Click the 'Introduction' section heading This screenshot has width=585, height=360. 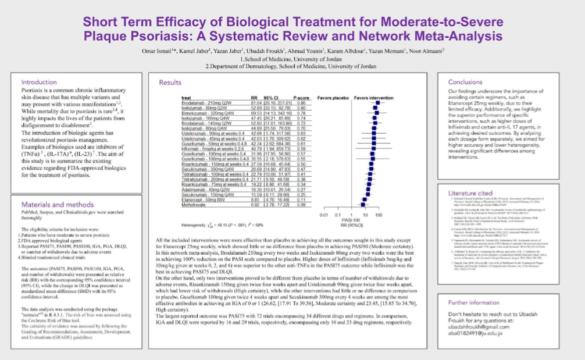point(40,82)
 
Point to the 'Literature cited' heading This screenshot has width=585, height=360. point(470,193)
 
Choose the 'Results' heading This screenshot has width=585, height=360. point(170,83)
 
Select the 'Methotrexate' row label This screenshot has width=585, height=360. point(195,206)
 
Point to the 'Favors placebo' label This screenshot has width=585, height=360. point(333,97)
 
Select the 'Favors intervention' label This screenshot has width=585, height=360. point(373,97)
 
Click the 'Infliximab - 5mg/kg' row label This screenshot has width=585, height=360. point(203,148)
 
